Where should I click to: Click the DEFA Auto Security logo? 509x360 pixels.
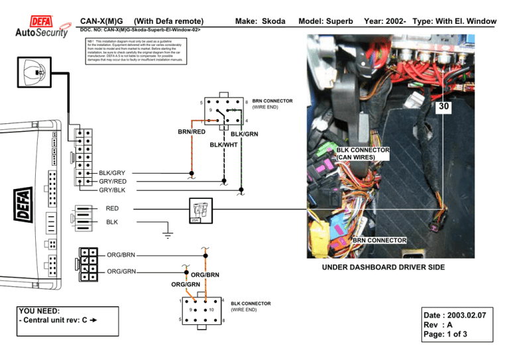point(41,27)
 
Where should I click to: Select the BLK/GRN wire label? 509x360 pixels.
point(244,135)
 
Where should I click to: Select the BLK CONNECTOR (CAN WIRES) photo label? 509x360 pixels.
point(363,154)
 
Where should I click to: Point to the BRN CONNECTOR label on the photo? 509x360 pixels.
point(380,240)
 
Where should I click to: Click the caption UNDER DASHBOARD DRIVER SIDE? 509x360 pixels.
point(383,267)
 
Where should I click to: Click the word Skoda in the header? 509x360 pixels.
point(270,22)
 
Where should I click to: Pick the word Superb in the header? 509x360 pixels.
point(340,22)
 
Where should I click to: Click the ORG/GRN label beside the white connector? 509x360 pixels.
point(122,270)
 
